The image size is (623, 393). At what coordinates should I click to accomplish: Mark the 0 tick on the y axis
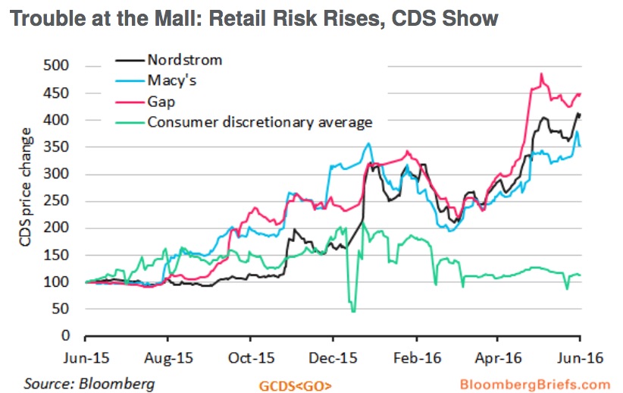tap(74, 335)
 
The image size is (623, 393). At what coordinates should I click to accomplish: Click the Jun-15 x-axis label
tap(85, 354)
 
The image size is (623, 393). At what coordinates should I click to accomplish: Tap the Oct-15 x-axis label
tap(250, 354)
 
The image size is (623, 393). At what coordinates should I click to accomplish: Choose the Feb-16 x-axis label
tap(415, 354)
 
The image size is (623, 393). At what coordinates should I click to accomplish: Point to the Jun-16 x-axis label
tap(581, 354)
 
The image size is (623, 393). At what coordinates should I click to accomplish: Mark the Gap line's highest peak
tap(541, 74)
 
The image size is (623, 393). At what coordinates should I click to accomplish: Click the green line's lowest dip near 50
tap(353, 311)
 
